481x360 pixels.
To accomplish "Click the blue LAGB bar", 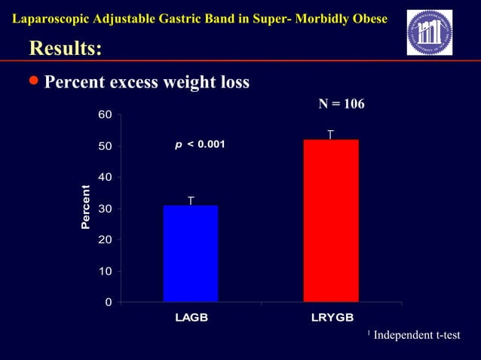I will pos(191,253).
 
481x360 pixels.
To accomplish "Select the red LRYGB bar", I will pos(331,221).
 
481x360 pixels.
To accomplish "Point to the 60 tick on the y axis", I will pos(106,114).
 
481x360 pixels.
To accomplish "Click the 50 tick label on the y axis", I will pos(106,145).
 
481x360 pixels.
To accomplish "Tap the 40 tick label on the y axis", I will pos(106,177).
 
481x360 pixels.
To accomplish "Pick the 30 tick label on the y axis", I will pos(106,209).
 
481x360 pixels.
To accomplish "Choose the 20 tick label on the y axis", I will pos(106,239).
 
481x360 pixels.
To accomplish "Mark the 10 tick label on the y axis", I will pos(106,271).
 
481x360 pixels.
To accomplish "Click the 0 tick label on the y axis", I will pos(109,302).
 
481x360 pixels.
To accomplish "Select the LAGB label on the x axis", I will pos(191,317).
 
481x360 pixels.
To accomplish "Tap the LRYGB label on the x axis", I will pos(332,317).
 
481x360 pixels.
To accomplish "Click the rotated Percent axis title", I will pos(86,208).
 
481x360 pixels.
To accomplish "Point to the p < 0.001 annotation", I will pos(200,144).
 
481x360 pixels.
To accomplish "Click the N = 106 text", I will pos(341,104).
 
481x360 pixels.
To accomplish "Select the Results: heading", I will pos(65,48).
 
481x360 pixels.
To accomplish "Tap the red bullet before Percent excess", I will pos(34,81).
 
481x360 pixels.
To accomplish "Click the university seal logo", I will pos(429,32).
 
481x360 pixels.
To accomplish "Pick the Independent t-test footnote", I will pos(415,334).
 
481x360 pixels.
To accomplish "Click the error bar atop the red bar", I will pos(331,135).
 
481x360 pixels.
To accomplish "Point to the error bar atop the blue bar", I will pos(191,200).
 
